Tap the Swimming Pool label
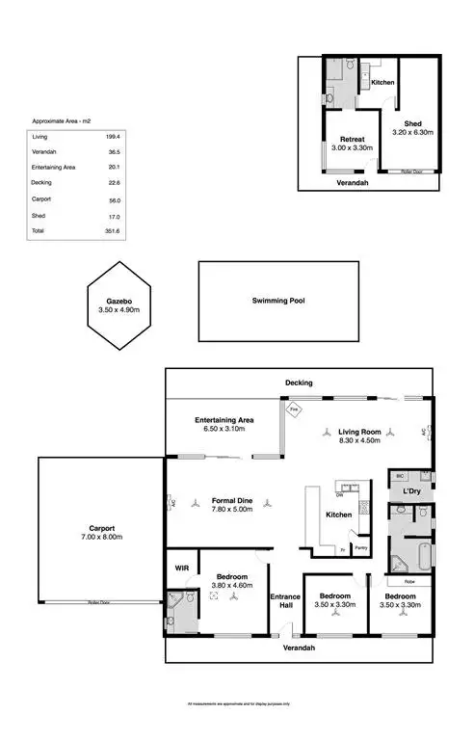[x=277, y=301]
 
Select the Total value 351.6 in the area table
[x=112, y=231]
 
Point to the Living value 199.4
[x=112, y=137]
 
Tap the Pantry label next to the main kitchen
[x=360, y=548]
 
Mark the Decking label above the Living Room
[x=299, y=383]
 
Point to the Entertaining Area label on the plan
[x=224, y=421]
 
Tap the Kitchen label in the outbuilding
[x=382, y=83]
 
